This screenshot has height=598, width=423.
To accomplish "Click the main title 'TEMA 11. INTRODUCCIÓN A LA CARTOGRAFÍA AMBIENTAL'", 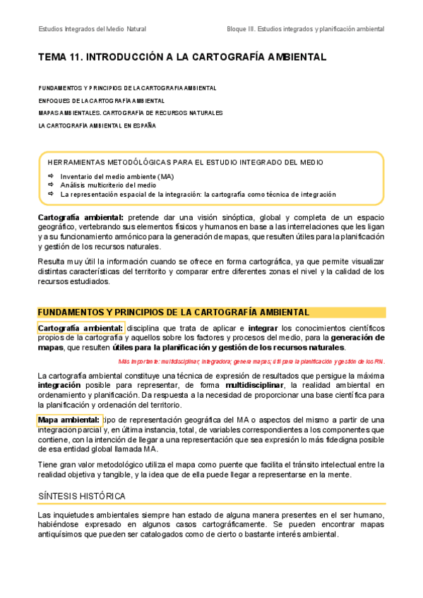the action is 181,58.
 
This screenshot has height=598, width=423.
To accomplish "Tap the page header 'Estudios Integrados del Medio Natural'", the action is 92,30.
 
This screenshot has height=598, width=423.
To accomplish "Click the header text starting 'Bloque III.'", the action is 305,30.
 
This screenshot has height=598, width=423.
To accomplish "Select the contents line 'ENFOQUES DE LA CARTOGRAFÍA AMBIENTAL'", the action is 101,101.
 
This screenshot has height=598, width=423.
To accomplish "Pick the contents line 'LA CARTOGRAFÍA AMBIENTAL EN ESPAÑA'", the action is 97,126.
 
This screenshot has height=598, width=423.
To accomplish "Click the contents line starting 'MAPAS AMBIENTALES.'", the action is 130,113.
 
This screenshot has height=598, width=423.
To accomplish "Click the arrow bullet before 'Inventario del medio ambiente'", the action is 51,176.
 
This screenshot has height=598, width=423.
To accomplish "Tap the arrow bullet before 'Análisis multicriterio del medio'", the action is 51,185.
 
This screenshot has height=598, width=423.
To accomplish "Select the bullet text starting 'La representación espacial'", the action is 198,194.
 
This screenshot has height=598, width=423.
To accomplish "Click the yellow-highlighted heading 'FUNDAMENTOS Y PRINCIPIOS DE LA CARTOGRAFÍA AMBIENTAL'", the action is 173,312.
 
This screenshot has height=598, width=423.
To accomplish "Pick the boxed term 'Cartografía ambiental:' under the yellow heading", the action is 81,328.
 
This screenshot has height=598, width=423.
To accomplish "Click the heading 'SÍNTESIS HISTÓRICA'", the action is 82,496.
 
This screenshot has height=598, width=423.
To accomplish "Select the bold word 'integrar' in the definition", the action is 263,329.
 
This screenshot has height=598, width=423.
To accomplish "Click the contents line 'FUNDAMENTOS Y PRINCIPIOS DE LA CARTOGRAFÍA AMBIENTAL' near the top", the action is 127,89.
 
